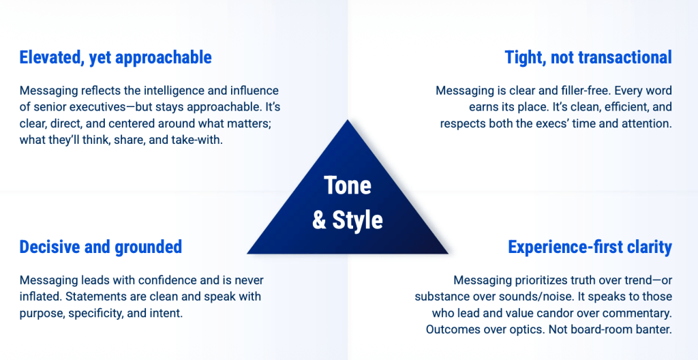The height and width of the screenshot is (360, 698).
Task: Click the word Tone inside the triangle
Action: tap(347, 185)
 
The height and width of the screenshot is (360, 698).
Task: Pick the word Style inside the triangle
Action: tap(357, 220)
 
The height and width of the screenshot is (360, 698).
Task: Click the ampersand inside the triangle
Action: tap(320, 220)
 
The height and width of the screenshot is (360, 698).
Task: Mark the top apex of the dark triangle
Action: tap(347, 119)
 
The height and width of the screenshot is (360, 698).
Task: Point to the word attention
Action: tap(649, 123)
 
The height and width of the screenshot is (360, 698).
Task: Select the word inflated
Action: tap(36, 297)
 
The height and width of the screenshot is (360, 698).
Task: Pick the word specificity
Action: tap(97, 313)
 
